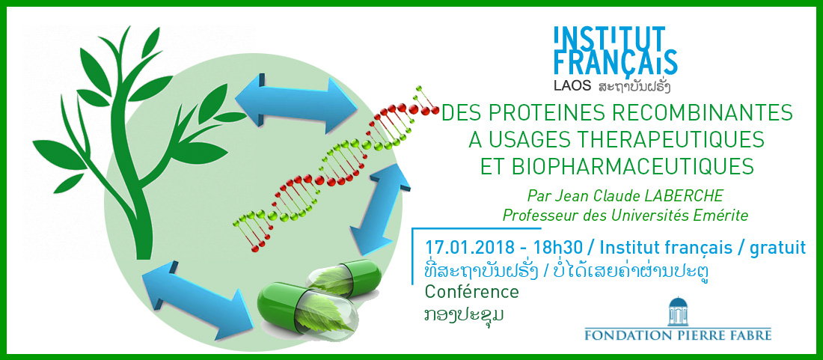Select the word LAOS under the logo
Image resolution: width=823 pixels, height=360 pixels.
click(x=573, y=85)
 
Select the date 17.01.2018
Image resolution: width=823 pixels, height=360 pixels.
click(x=460, y=247)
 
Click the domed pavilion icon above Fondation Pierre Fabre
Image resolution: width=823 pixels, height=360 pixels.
click(x=678, y=311)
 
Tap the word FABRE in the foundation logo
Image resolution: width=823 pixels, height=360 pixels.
click(x=750, y=335)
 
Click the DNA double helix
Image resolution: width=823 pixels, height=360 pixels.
click(x=336, y=168)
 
